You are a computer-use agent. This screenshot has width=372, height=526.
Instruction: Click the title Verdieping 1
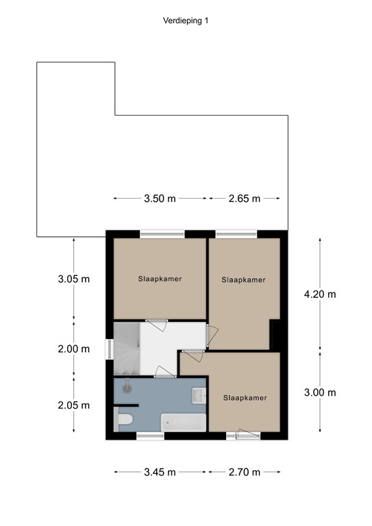coord(185,21)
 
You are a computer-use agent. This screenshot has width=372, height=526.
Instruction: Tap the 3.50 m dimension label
coord(160,199)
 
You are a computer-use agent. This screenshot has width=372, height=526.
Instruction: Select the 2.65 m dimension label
coord(244,199)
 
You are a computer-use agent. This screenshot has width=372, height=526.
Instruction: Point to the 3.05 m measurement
coord(73,279)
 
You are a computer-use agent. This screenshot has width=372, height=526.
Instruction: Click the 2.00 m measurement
coord(73,349)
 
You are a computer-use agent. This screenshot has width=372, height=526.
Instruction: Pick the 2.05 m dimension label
coord(73,405)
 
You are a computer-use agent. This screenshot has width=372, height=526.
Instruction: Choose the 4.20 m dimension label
coord(320,295)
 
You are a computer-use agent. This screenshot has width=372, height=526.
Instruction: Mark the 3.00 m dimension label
coord(320,392)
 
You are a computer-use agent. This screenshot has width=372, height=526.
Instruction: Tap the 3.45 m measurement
coord(160,472)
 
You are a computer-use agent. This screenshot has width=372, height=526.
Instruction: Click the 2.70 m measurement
coord(244,472)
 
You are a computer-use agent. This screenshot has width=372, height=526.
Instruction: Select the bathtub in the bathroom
coord(183,421)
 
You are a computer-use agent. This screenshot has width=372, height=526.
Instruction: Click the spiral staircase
coord(126,348)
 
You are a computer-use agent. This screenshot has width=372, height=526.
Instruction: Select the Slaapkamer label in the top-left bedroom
coord(160,279)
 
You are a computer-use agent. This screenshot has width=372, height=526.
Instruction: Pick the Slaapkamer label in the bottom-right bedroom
coord(245,397)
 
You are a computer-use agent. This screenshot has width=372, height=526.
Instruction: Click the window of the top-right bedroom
coord(236,234)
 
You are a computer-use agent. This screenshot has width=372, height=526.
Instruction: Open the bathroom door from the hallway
coord(165,373)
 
